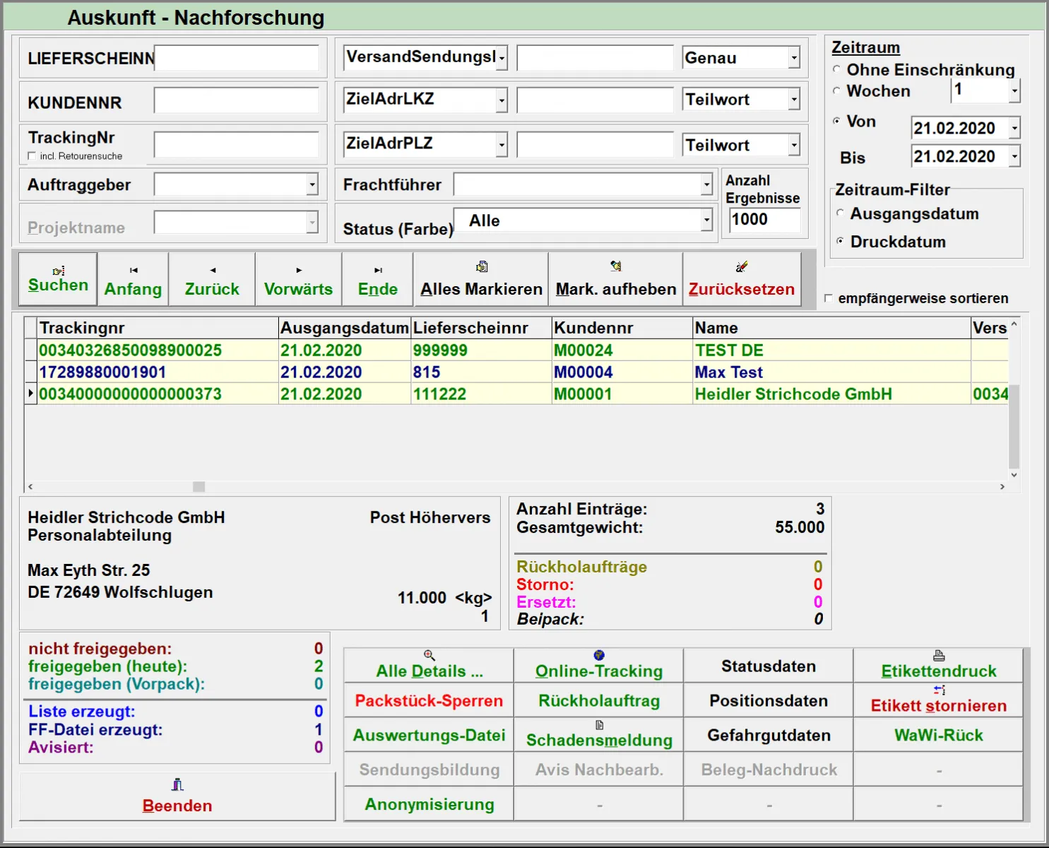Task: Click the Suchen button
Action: tap(58, 280)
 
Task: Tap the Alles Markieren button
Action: tap(481, 280)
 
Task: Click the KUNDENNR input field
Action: tap(236, 101)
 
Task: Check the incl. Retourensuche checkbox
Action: tap(32, 156)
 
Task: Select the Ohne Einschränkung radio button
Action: tap(837, 70)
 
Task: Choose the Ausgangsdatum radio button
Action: tap(841, 213)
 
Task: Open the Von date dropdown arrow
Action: tap(1014, 129)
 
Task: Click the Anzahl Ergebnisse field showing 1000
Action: tap(764, 220)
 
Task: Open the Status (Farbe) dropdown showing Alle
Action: tap(706, 220)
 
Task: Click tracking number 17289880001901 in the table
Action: tap(102, 372)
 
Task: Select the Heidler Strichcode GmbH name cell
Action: tap(793, 394)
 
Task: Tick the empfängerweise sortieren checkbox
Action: tap(829, 299)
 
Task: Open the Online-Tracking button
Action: tap(598, 666)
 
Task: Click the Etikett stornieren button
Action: tap(938, 700)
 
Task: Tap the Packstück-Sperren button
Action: tap(429, 700)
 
